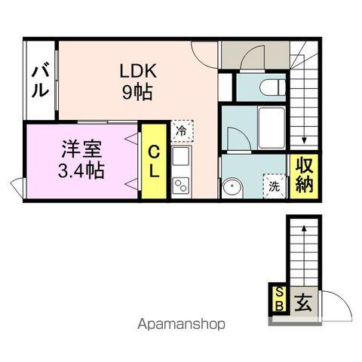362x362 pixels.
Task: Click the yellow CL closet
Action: [154, 161]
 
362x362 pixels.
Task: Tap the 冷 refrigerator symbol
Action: [181, 130]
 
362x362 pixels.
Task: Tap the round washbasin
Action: [231, 186]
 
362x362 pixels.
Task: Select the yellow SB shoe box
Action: [278, 299]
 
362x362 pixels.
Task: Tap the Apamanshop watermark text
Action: [180, 326]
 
